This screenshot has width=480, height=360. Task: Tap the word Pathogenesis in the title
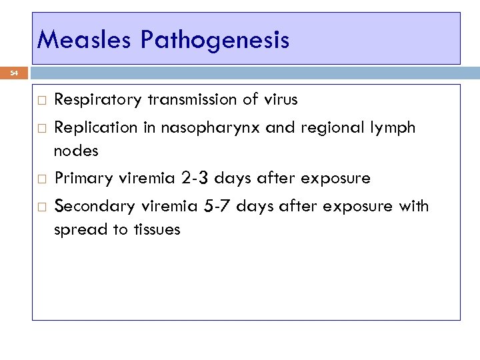coord(215,41)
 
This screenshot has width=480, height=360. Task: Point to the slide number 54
coord(14,74)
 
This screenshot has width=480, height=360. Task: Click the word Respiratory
coord(97,101)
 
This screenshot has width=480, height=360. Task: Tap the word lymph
coord(393,128)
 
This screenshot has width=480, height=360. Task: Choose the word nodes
coord(76,151)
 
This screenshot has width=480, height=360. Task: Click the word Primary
coord(81,179)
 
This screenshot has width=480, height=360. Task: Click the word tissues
coord(155,230)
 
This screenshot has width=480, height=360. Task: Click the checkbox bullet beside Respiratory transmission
coord(41,101)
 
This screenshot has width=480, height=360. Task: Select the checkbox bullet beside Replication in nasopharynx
coord(41,128)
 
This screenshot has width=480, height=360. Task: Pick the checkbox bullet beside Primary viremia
coord(41,179)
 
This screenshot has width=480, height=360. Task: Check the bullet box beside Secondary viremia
coord(41,207)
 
